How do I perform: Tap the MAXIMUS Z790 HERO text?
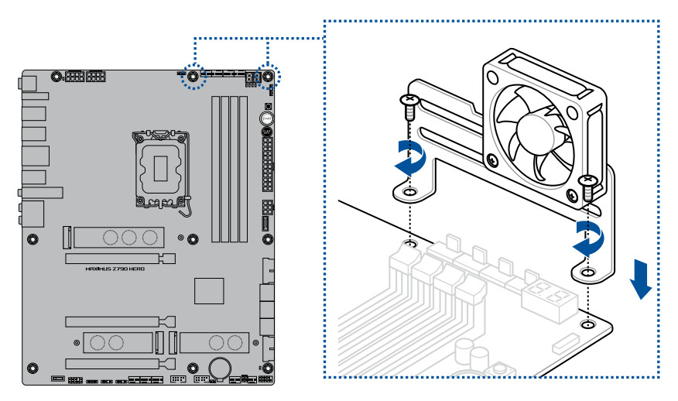115,269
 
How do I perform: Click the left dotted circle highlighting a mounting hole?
193,77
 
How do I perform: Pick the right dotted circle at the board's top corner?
268,77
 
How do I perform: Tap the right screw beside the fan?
587,184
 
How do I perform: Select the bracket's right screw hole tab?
588,272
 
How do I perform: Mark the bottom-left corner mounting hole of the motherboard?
32,367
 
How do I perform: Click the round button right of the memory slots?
266,119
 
